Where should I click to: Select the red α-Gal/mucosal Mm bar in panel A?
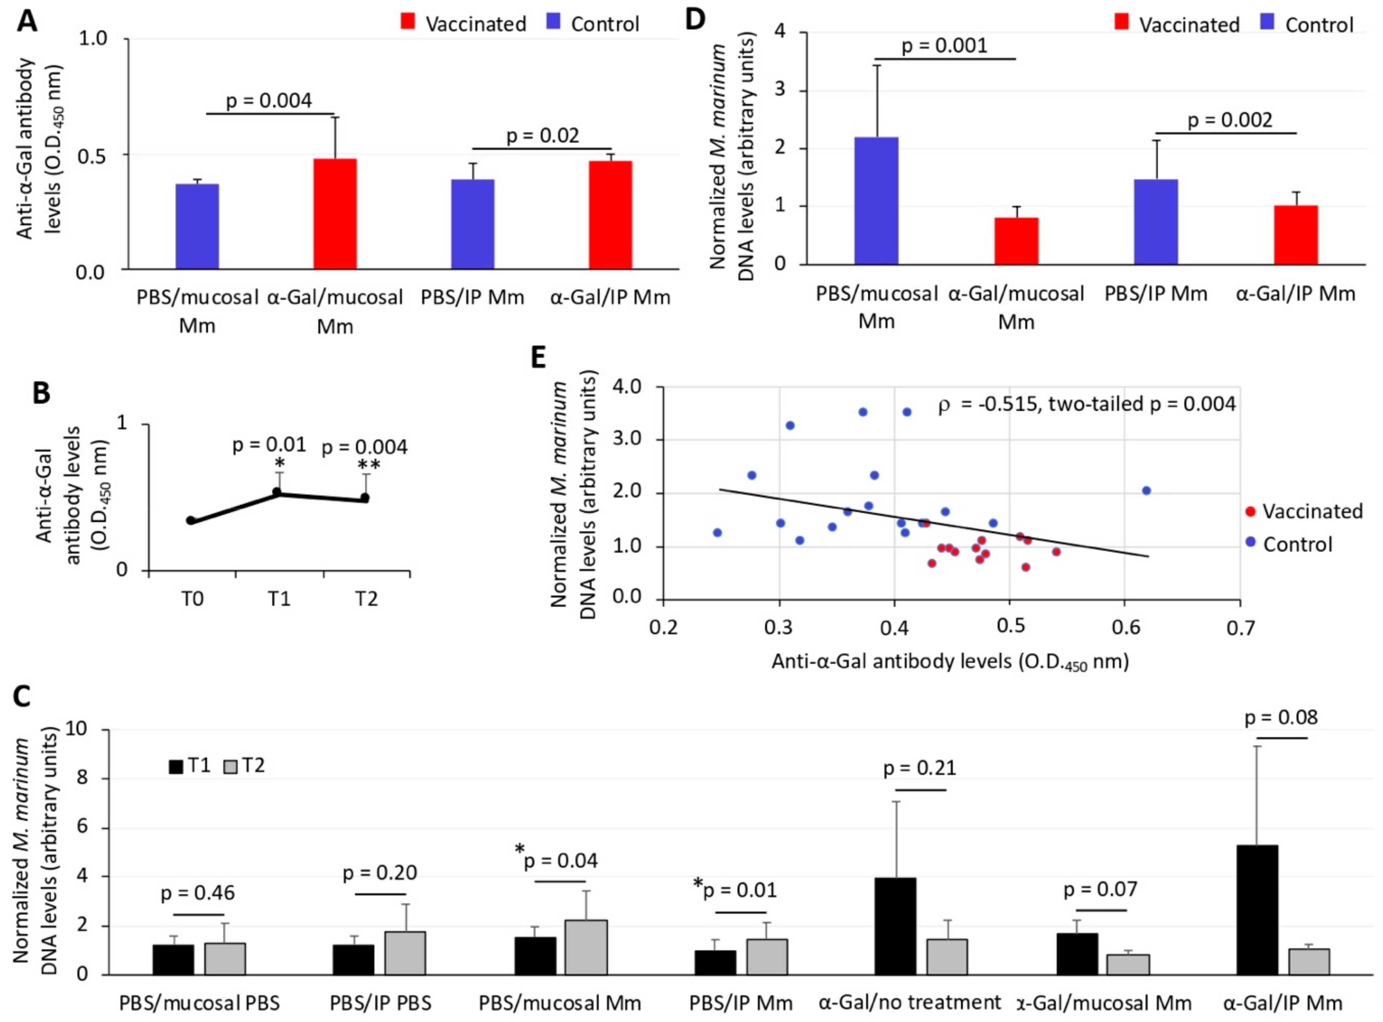pos(335,213)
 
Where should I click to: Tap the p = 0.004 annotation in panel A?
pos(269,100)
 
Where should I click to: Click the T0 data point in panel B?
pos(191,521)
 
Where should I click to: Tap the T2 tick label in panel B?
pos(366,599)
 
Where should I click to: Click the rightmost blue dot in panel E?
pos(1146,491)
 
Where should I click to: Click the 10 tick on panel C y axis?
pos(92,730)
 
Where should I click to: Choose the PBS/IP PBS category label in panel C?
pos(380,1002)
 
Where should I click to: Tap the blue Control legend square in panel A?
pos(554,23)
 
